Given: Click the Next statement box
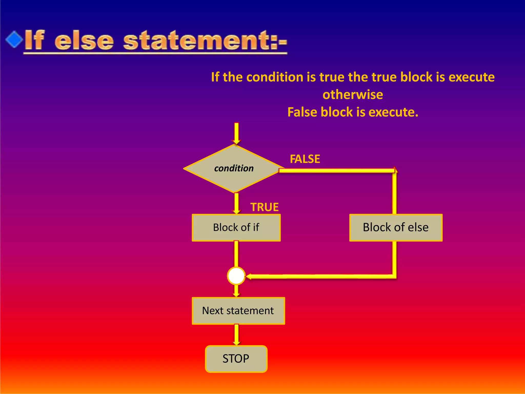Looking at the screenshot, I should coord(238,311).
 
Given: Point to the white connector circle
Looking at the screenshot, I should coord(236,276).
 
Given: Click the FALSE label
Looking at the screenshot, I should coord(305,159).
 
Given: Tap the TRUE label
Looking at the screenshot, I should coord(264,207).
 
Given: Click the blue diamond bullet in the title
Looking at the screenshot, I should coord(14,39).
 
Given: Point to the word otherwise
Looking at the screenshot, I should coord(353,95).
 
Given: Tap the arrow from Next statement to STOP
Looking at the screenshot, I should coord(236,334).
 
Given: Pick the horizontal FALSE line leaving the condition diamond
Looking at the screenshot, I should coord(336,171).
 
